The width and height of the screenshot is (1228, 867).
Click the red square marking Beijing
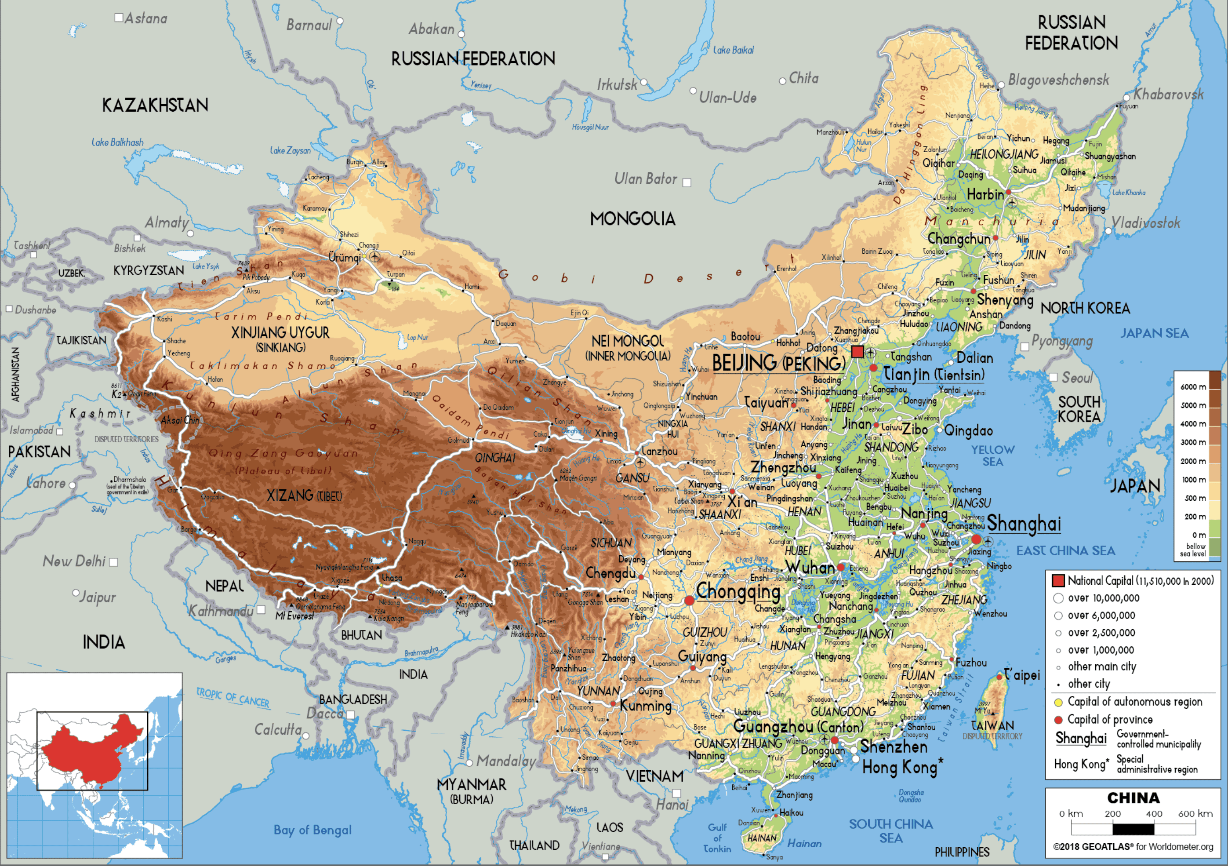tap(857, 351)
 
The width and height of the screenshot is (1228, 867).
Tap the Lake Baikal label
tap(733, 50)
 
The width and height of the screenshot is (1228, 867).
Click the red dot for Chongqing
tap(690, 601)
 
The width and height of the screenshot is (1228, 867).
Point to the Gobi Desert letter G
tap(503, 275)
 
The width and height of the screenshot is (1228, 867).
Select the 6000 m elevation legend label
tap(1193, 387)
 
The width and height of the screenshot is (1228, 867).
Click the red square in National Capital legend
tap(1058, 581)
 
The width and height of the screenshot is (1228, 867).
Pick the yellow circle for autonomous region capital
tap(1058, 702)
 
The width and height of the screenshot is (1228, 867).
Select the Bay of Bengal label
tap(312, 830)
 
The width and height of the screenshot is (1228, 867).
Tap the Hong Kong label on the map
tap(900, 768)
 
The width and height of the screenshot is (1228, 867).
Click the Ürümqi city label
tap(345, 257)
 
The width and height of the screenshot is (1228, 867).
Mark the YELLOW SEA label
tap(993, 455)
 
